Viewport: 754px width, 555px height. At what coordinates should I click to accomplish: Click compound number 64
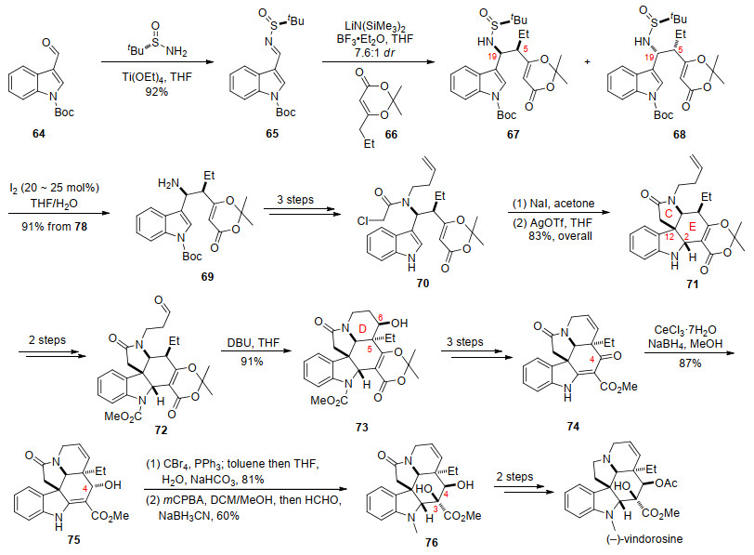point(39,133)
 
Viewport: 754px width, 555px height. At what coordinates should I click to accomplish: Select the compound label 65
point(272,133)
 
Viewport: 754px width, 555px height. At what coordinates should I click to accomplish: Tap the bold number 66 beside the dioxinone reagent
point(391,134)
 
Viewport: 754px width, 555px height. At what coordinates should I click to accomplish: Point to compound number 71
point(692,284)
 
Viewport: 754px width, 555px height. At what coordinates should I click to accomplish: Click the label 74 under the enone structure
point(573,426)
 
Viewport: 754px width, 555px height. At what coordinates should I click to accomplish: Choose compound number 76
point(432,543)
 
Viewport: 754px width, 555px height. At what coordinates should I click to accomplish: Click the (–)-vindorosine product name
point(644,538)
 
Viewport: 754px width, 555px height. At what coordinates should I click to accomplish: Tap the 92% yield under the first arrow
point(157,91)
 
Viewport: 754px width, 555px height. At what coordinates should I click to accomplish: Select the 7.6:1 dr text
point(374,52)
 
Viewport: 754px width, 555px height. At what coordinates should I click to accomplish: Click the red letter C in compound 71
point(669,215)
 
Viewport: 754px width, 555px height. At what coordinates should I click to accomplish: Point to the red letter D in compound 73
point(363,329)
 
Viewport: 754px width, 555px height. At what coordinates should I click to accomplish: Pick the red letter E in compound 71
point(693,226)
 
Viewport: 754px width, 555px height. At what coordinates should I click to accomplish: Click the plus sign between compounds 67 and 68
point(587,62)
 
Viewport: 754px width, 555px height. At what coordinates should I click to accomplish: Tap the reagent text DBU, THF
point(252,343)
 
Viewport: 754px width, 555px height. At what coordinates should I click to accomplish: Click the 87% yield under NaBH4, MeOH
point(690,363)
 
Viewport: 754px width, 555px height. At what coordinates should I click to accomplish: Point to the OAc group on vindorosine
point(666,482)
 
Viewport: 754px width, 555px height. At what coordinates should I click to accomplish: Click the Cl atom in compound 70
point(363,221)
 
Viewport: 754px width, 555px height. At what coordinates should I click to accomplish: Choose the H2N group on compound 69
point(168,183)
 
